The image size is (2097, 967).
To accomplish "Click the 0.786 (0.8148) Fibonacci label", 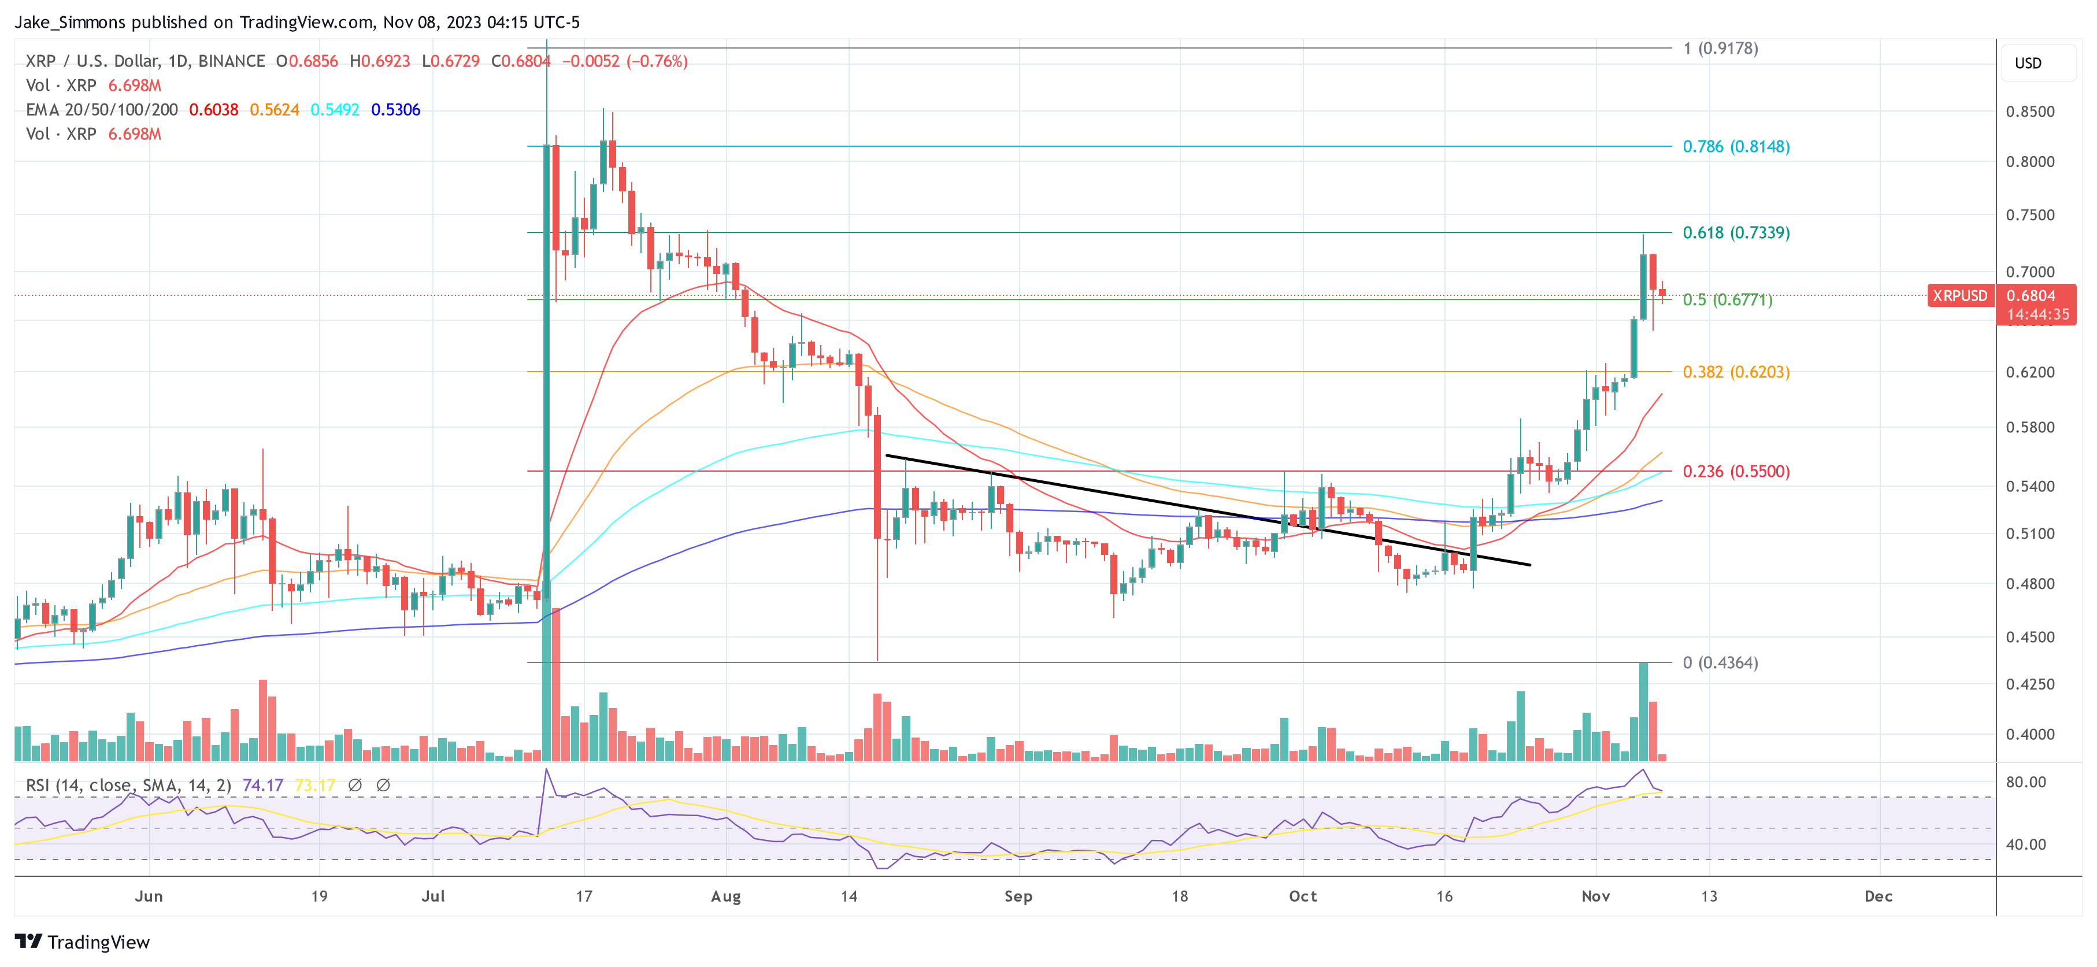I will (x=1736, y=146).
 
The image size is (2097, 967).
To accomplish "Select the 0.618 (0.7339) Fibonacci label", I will (x=1736, y=233).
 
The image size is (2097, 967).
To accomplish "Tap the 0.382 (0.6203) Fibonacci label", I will (x=1736, y=372).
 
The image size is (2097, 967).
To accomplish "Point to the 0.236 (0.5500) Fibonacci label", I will (x=1736, y=471).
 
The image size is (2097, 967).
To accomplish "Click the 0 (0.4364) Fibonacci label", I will (x=1720, y=662).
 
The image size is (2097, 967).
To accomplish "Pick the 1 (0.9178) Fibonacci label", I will (x=1720, y=48).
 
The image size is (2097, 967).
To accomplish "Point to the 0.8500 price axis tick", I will (x=2029, y=112).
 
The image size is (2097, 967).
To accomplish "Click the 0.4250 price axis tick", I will (x=2029, y=684).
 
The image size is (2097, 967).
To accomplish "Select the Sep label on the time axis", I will (x=1017, y=896).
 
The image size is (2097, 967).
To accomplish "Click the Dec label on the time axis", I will (x=1878, y=896).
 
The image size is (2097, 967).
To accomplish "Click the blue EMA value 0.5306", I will (x=395, y=110).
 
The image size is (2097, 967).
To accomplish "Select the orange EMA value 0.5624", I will (x=275, y=110).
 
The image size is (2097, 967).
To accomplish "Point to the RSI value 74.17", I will (x=263, y=786).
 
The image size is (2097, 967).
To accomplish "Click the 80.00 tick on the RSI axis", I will (x=2025, y=782).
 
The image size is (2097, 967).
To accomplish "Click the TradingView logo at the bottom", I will (x=82, y=942).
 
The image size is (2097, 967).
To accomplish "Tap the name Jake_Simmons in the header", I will (x=70, y=22).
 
